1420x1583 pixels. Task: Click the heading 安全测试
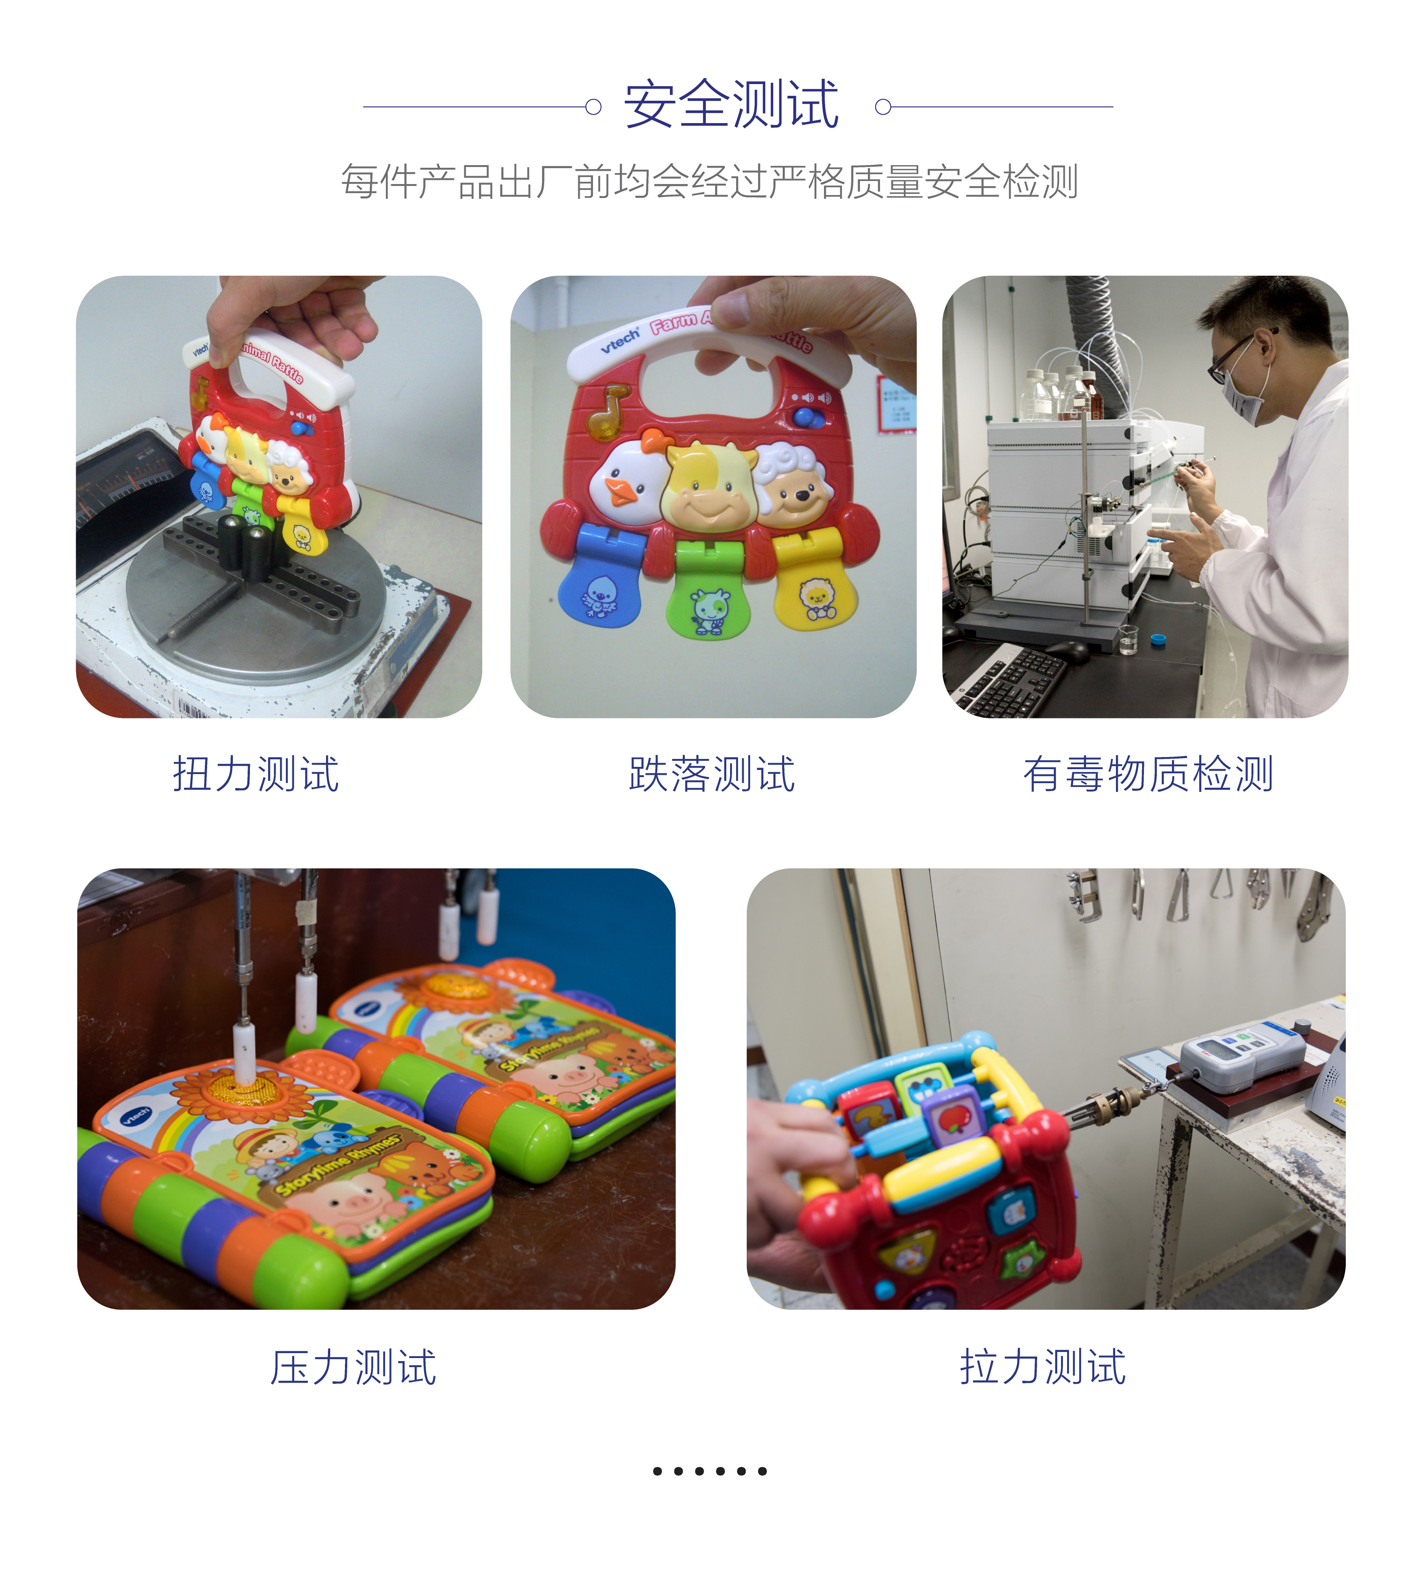[x=731, y=105]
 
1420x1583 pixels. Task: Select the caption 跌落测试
[x=712, y=774]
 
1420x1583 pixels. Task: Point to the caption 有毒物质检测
[x=1148, y=774]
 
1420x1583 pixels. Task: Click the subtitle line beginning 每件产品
[x=709, y=182]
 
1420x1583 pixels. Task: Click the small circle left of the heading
[x=593, y=107]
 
